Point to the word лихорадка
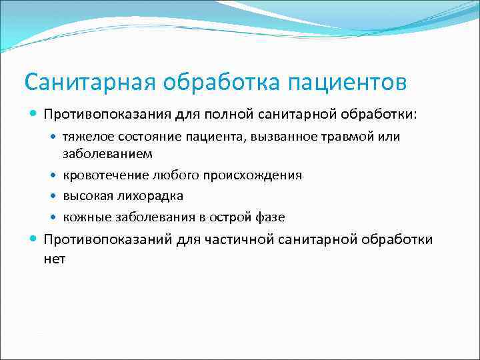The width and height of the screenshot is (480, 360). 149,196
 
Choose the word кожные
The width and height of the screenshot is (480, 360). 83,217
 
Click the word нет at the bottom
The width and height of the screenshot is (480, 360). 55,259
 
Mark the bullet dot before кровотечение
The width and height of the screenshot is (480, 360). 55,176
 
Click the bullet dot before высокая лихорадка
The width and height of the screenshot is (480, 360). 55,197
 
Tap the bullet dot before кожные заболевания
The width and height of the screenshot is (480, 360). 55,218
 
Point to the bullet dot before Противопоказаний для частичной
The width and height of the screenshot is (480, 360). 33,239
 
